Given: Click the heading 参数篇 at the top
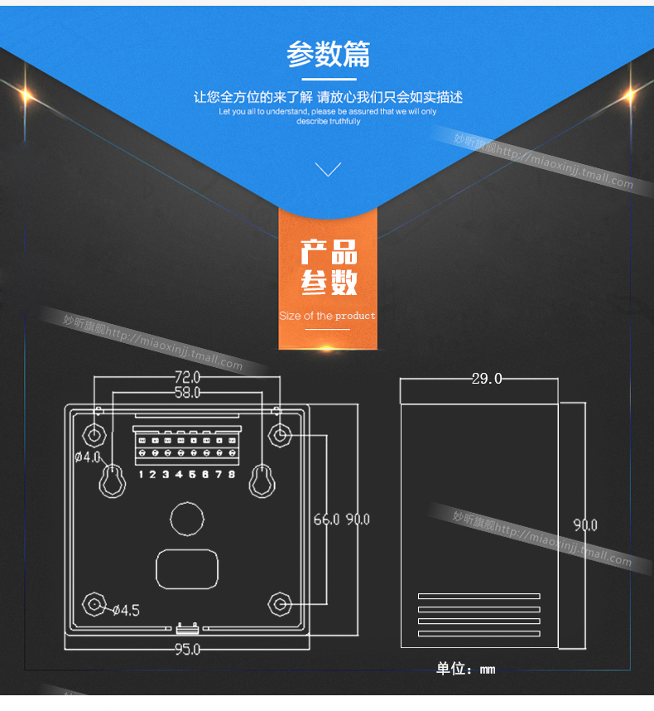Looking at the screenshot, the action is [328, 54].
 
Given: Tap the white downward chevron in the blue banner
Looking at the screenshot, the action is [329, 169].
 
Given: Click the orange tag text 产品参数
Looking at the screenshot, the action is [329, 268].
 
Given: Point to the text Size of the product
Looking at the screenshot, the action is [327, 316].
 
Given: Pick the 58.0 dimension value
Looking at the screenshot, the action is [187, 392].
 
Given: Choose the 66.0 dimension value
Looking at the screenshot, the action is [326, 520].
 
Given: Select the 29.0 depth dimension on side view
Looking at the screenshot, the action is [486, 379].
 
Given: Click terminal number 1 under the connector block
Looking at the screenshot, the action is [142, 474].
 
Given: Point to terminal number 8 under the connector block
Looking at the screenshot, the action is [231, 474].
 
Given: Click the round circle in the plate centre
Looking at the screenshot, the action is [186, 519].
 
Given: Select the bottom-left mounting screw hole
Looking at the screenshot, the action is [94, 604].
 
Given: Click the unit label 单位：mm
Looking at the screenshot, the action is [465, 669].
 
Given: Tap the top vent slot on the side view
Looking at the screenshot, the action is [478, 596].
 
